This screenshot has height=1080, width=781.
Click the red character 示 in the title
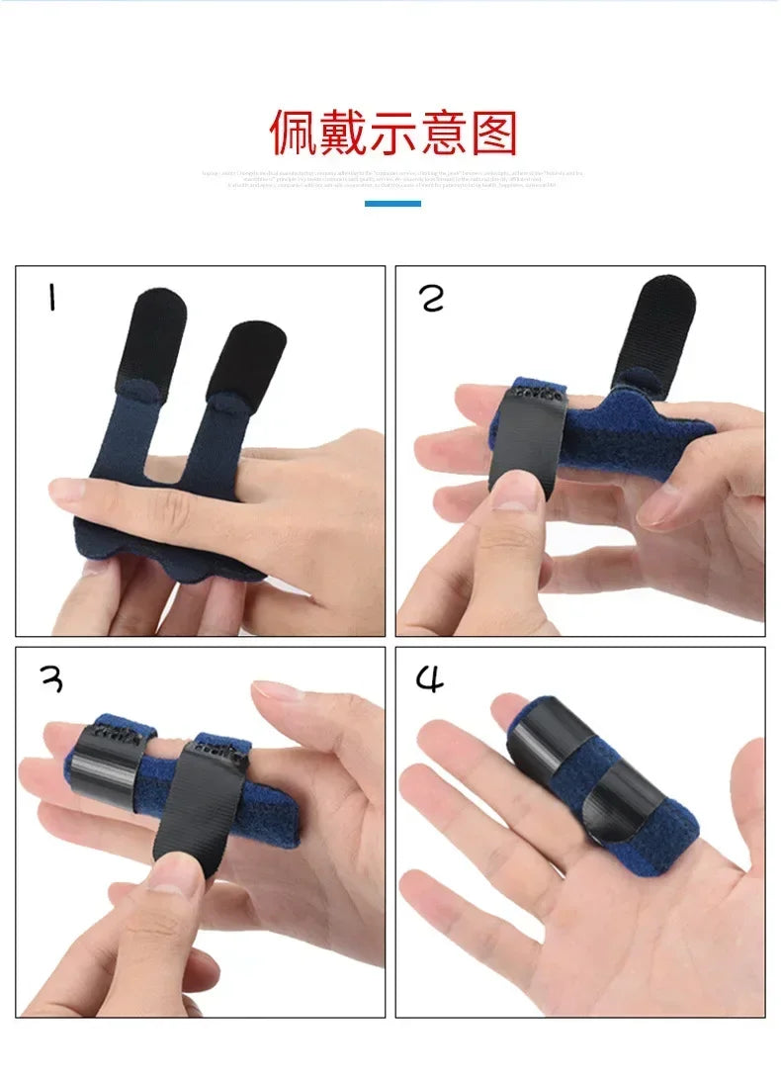(394, 133)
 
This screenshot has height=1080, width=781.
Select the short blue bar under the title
(392, 204)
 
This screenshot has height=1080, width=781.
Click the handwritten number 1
(49, 297)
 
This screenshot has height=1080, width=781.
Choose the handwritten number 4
(430, 679)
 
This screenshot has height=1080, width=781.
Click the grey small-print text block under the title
(392, 178)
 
